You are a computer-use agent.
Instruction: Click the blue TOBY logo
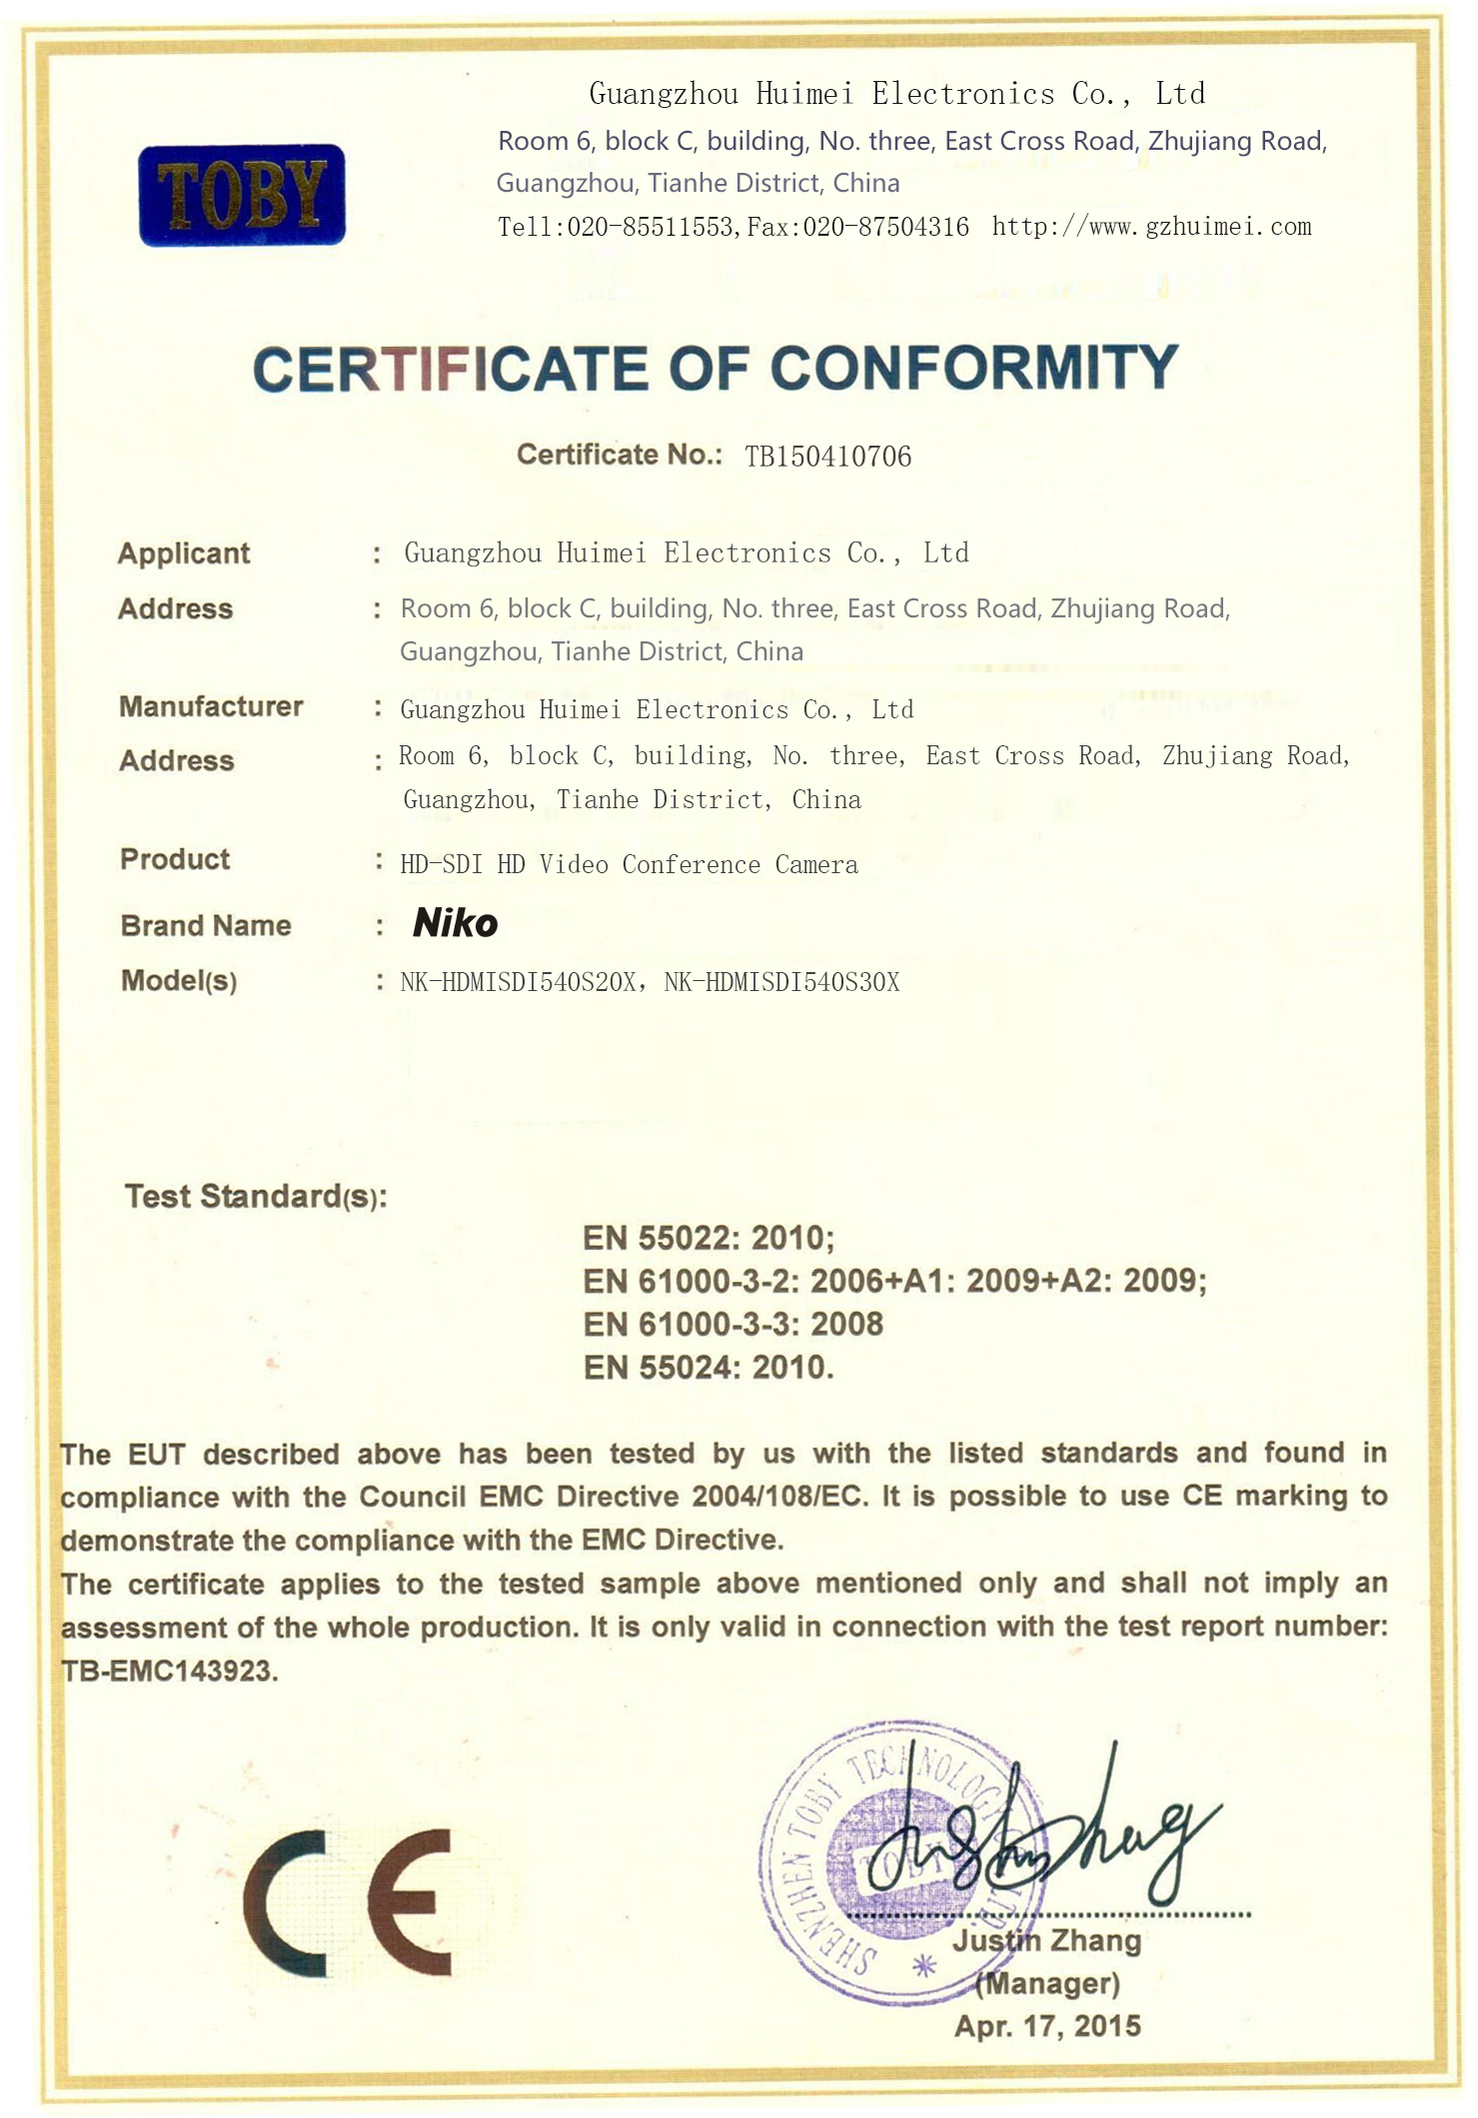[x=242, y=195]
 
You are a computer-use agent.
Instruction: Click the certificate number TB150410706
[x=827, y=457]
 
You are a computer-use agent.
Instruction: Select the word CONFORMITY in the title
[x=974, y=368]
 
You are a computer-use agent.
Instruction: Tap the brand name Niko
[x=455, y=922]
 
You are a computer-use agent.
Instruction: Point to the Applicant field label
[x=184, y=553]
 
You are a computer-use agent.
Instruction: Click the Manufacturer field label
[x=211, y=706]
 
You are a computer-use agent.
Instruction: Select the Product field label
[x=175, y=859]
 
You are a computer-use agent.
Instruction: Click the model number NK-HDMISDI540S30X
[x=781, y=982]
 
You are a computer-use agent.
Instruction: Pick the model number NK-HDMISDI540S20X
[x=518, y=982]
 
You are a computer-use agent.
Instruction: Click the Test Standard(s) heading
[x=256, y=1196]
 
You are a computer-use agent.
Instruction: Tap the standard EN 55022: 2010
[x=708, y=1238]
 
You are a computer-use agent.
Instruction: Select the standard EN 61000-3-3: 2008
[x=734, y=1324]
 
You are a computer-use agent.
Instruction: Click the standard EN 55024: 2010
[x=708, y=1367]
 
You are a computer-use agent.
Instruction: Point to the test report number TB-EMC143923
[x=169, y=1670]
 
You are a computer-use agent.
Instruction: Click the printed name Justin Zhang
[x=1046, y=1940]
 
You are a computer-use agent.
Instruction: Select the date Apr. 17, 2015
[x=1047, y=2026]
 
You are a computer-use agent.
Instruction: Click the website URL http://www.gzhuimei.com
[x=1151, y=227]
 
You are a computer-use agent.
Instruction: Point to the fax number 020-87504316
[x=885, y=227]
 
